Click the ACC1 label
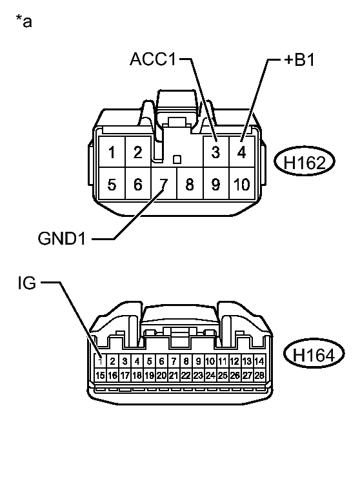(x=152, y=60)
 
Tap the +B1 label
(x=299, y=60)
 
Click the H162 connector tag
(x=304, y=162)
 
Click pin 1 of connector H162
(x=112, y=153)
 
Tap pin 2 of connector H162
(x=137, y=153)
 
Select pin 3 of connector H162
(x=215, y=153)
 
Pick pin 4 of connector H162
(x=241, y=153)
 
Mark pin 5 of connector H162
(x=112, y=185)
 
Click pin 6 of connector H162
(x=137, y=185)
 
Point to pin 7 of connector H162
(x=164, y=185)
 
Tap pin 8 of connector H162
(x=190, y=185)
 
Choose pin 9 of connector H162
(x=215, y=185)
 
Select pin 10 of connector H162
(x=241, y=185)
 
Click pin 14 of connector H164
(x=259, y=362)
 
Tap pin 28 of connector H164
(x=259, y=374)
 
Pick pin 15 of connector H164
(x=100, y=374)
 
